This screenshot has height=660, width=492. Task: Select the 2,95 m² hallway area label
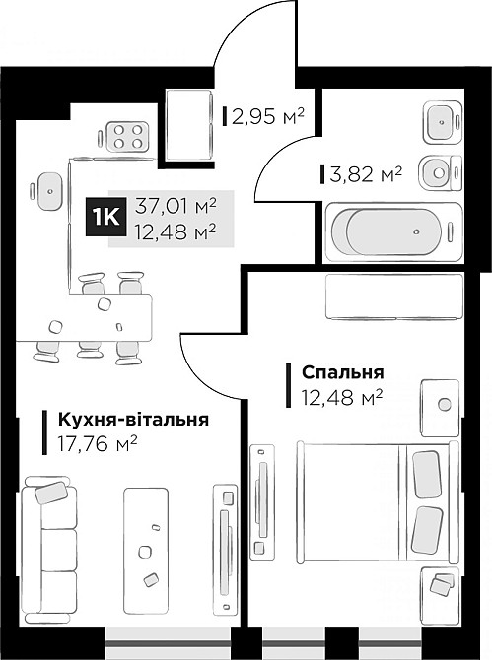[267, 118]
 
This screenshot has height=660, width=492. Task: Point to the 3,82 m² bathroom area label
[366, 174]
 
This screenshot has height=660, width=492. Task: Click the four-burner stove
[126, 136]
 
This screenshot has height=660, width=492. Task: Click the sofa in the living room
[50, 544]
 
